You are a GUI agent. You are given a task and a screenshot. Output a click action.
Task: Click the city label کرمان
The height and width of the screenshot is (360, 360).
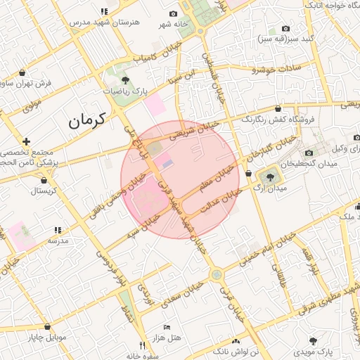(86, 120)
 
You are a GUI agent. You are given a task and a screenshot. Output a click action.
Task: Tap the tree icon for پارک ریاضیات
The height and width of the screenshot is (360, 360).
(125, 79)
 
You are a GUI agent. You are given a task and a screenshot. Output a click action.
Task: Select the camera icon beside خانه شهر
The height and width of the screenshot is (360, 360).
(174, 14)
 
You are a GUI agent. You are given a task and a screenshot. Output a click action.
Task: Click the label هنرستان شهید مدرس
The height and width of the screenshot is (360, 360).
(105, 22)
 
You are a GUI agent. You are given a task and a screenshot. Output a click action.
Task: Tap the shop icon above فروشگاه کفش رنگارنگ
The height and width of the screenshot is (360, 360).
(279, 109)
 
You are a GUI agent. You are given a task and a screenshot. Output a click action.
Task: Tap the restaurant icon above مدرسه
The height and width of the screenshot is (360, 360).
(58, 229)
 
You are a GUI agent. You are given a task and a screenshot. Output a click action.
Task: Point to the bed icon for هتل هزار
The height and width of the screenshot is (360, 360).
(167, 327)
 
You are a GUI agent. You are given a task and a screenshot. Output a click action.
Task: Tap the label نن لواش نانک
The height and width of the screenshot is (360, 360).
(236, 349)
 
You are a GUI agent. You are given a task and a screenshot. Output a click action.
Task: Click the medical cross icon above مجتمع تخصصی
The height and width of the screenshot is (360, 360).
(27, 141)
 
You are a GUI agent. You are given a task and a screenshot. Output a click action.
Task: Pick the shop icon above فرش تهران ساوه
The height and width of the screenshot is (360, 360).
(23, 72)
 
